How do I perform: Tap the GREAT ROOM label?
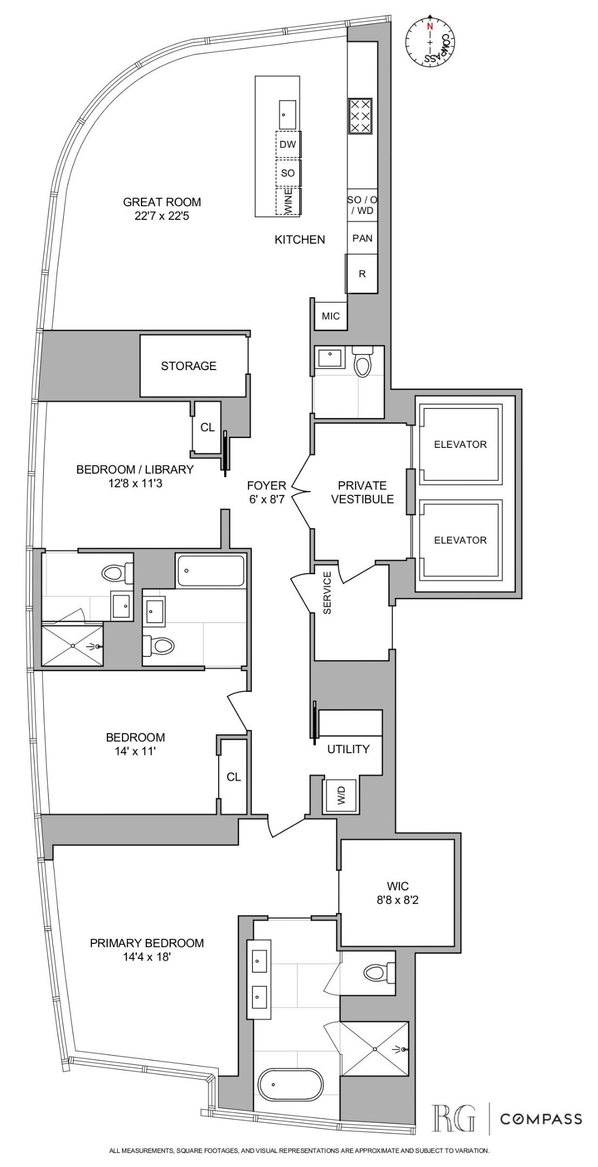pos(162,202)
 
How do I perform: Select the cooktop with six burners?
pos(360,116)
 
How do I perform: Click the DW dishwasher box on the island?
pos(288,144)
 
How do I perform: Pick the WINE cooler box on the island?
pos(288,200)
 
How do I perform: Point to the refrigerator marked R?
pos(362,273)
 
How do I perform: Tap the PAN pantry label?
pos(362,238)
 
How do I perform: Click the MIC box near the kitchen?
pos(331,316)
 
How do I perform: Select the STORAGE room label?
pos(189,366)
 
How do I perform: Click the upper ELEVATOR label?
pos(460,444)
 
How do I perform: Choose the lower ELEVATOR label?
pos(460,540)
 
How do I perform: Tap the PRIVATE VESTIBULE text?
pos(362,492)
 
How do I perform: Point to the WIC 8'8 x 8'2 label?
pos(398,893)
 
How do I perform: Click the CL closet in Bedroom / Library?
pos(207,427)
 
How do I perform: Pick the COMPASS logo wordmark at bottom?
pos(541,1118)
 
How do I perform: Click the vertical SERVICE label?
pos(327,600)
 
